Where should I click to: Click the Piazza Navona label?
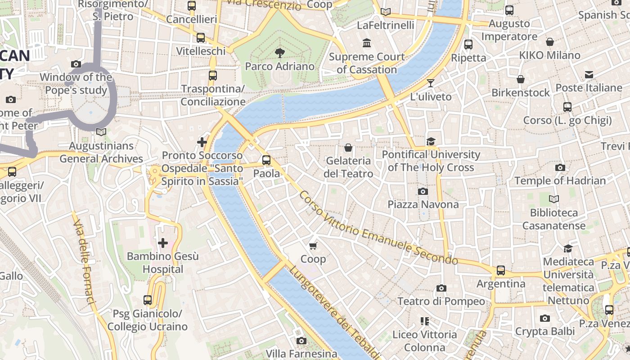pyautogui.click(x=423, y=204)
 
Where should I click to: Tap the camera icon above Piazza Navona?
pyautogui.click(x=423, y=191)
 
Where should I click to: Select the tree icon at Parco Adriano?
pyautogui.click(x=279, y=53)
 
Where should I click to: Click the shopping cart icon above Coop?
pyautogui.click(x=313, y=245)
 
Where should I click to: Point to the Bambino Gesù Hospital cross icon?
pyautogui.click(x=162, y=243)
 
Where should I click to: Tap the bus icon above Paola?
pyautogui.click(x=266, y=160)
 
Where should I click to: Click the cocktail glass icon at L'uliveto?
pyautogui.click(x=431, y=83)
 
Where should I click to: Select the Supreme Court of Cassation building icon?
pyautogui.click(x=367, y=43)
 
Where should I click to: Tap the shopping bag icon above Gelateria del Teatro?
pyautogui.click(x=348, y=147)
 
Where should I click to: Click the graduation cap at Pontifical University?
pyautogui.click(x=431, y=141)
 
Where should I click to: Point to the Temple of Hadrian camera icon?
pyautogui.click(x=560, y=167)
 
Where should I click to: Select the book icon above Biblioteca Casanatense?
pyautogui.click(x=554, y=199)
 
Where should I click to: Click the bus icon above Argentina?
pyautogui.click(x=501, y=270)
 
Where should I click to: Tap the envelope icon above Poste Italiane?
pyautogui.click(x=589, y=75)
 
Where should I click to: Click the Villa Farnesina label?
pyautogui.click(x=301, y=354)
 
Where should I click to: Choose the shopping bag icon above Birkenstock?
pyautogui.click(x=521, y=79)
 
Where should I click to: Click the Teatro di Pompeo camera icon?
pyautogui.click(x=441, y=288)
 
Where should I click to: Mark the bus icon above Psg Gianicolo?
pyautogui.click(x=148, y=300)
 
